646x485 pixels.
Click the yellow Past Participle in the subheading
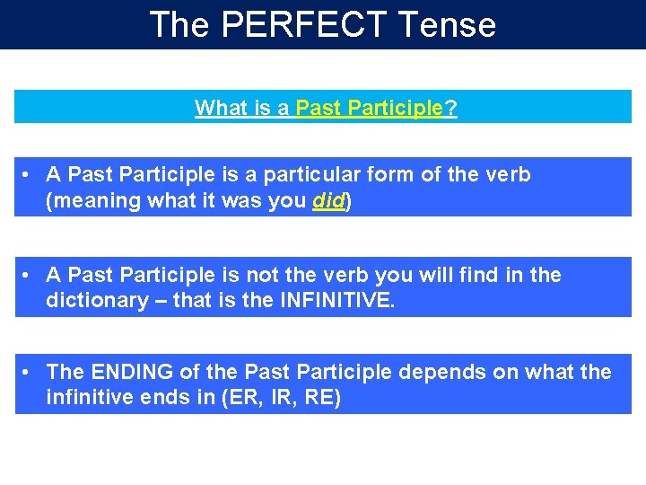point(370,109)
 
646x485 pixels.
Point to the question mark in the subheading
point(451,109)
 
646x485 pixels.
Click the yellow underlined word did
point(329,201)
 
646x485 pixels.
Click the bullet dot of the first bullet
point(29,174)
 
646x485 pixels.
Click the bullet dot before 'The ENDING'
point(29,372)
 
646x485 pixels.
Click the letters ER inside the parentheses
point(240,398)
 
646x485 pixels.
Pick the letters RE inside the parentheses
point(319,398)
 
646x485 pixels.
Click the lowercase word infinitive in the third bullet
point(90,398)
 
